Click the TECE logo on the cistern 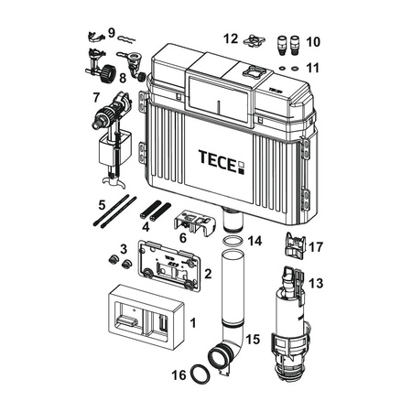[x=222, y=161]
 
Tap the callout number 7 [x=96, y=98]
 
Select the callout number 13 [x=316, y=283]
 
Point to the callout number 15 [x=253, y=340]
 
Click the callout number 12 [x=231, y=39]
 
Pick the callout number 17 [x=316, y=247]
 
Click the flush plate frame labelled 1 [x=146, y=318]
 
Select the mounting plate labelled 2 [x=168, y=265]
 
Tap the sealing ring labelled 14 [x=233, y=241]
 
